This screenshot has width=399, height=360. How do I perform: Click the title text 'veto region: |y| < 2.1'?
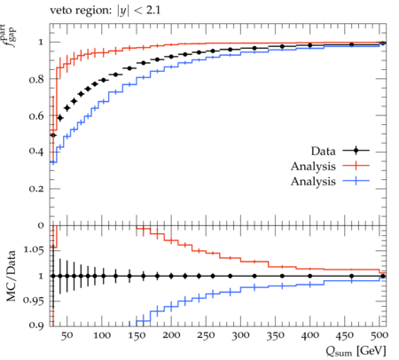[106, 11]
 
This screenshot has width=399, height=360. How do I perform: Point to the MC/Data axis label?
[11, 276]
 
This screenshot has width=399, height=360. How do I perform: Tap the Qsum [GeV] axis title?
[356, 351]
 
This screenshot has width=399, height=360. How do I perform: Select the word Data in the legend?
[323, 151]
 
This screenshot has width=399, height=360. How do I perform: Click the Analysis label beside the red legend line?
[313, 166]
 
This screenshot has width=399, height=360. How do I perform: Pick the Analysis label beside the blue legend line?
[313, 181]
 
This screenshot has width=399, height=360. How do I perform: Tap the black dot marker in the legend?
[356, 151]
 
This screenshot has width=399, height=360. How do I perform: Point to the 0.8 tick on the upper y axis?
[36, 79]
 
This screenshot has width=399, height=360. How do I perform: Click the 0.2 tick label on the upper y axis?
[36, 189]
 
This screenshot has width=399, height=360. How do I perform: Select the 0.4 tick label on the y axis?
[36, 152]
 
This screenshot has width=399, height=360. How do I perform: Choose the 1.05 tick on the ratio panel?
[33, 250]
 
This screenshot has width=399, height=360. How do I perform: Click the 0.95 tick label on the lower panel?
[33, 301]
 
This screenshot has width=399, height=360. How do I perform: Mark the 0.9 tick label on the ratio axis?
[36, 325]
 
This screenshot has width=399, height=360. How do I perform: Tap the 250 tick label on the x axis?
[206, 335]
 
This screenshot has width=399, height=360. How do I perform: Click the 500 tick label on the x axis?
[379, 335]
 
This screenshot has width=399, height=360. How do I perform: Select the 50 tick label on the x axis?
[67, 335]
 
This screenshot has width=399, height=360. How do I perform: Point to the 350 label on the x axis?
[275, 335]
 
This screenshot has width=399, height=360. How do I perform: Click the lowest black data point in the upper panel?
[53, 135]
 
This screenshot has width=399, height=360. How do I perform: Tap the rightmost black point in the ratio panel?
[383, 276]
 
